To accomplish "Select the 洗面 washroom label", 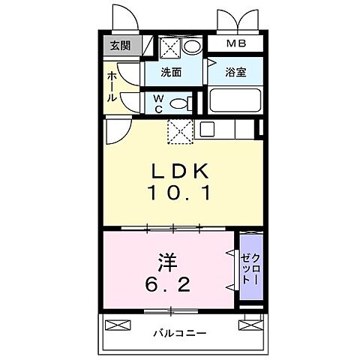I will (172, 73).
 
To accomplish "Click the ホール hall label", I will (112, 87).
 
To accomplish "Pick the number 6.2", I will (166, 286).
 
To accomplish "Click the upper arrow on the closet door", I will (229, 256).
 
